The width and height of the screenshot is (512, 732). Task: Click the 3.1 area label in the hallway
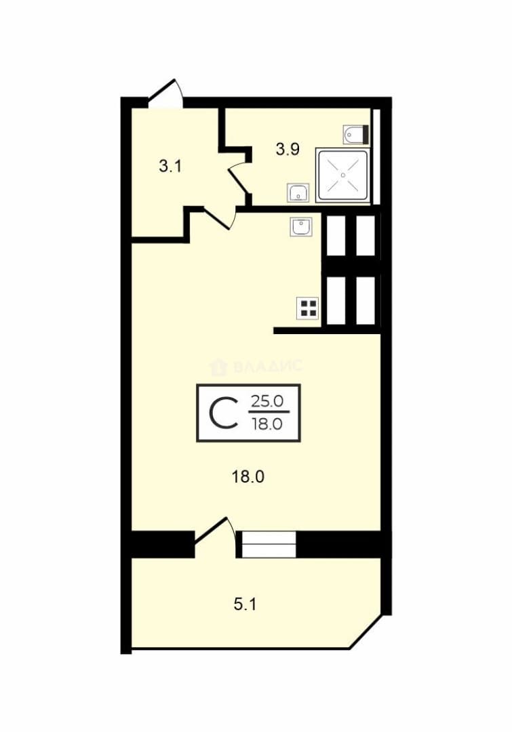170,166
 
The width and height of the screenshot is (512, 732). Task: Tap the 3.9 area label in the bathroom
288,149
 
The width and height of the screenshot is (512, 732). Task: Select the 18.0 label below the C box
248,476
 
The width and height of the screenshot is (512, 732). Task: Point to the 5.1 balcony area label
245,605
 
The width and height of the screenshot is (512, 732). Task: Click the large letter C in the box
222,413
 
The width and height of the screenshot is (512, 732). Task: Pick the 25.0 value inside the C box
267,401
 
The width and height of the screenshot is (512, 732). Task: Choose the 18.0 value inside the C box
267,424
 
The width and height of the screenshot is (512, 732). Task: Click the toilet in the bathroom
356,134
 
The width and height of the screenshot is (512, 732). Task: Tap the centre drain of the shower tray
343,175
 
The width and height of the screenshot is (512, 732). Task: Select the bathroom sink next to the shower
298,192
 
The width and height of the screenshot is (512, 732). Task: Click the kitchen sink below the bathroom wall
301,227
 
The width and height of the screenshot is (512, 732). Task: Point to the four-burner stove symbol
308,308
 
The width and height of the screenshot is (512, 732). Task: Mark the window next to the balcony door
266,544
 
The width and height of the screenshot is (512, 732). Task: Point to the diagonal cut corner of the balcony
366,631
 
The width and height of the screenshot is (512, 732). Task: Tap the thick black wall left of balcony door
163,544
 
